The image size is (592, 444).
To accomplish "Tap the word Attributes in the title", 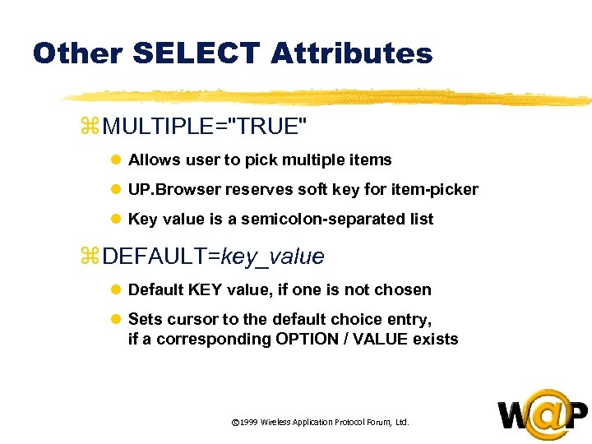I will (x=351, y=53).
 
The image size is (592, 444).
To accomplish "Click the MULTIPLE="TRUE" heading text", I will (x=206, y=127).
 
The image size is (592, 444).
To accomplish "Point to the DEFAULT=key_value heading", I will (x=214, y=257).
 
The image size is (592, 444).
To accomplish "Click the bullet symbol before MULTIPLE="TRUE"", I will (x=90, y=127).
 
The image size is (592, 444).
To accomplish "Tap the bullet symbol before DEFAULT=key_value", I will (x=90, y=257).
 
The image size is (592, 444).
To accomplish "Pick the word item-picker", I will (x=437, y=189).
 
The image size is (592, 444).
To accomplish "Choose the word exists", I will (x=435, y=339).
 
